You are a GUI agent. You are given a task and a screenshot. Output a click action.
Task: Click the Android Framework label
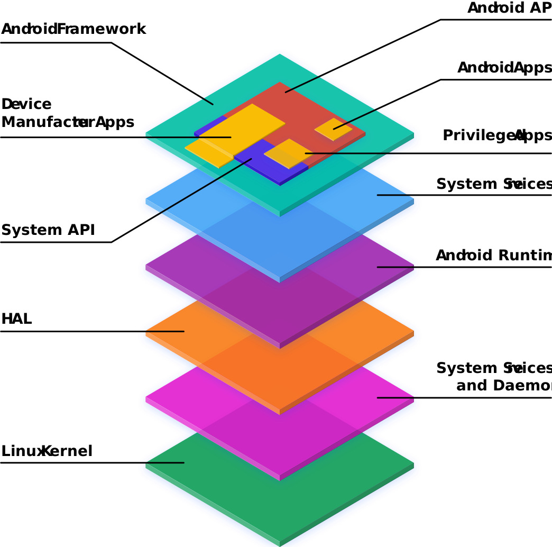tap(73, 29)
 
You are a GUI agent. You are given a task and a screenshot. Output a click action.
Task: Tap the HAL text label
tap(17, 318)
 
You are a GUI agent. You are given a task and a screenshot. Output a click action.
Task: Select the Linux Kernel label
tap(47, 451)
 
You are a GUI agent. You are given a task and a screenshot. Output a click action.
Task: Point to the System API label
tap(48, 230)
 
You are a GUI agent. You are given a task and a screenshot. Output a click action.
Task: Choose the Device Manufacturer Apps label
tap(67, 113)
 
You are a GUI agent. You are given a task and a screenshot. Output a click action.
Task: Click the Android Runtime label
tap(493, 256)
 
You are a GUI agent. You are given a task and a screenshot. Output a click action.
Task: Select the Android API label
tap(509, 8)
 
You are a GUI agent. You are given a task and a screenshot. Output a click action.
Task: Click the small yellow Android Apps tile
tap(333, 129)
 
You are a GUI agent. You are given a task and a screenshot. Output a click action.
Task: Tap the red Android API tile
tap(317, 106)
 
